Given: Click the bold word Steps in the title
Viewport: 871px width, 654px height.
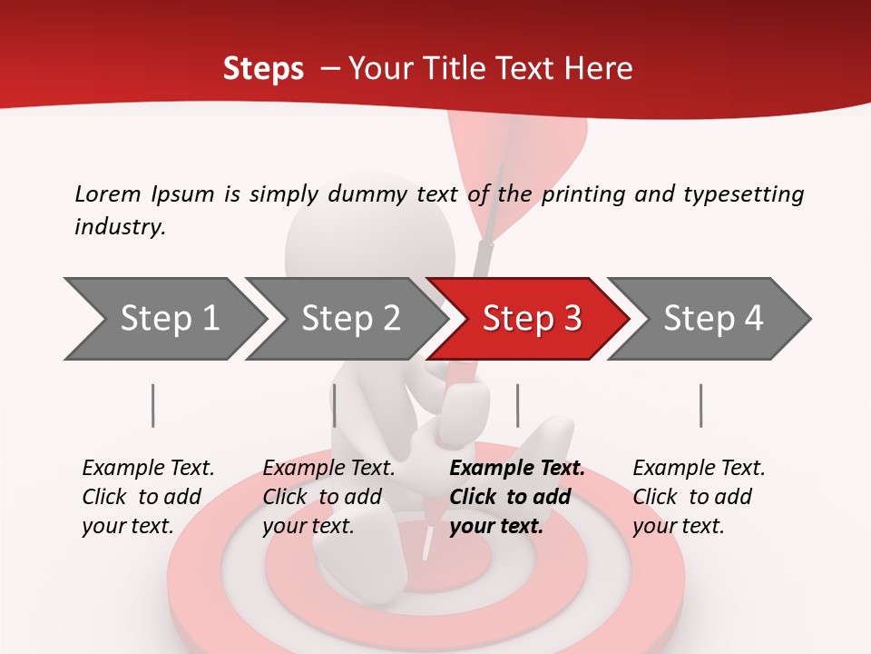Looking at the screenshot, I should coord(263,69).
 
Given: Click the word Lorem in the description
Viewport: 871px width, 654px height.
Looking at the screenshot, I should coord(107,193).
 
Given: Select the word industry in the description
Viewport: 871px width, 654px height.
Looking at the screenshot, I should coord(119,227).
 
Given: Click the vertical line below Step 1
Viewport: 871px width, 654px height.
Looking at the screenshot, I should coord(153,405).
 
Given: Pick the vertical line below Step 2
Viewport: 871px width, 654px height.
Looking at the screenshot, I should coord(335,405).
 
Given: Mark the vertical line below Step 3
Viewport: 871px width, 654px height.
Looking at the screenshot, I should coord(518,405).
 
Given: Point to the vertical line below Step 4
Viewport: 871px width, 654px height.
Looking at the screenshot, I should coord(701,405).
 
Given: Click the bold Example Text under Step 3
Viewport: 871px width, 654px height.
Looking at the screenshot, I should coord(517,469).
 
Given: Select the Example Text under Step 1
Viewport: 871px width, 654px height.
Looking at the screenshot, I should coord(148,469).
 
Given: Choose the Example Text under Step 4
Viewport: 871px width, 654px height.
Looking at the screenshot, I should coord(699,469).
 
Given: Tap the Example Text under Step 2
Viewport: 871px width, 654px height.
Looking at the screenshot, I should coord(328,469).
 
